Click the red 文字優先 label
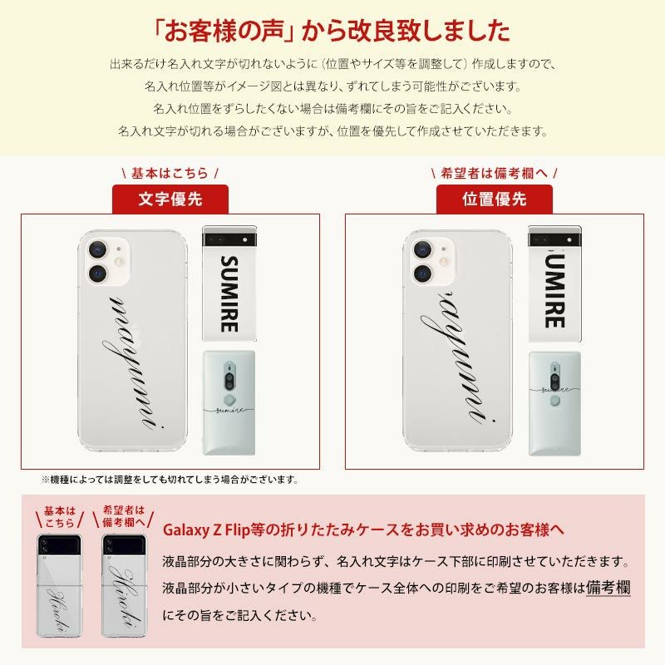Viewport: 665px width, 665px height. (x=170, y=199)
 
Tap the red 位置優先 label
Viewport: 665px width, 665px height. (x=495, y=199)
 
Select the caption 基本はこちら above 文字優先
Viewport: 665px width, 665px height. (x=170, y=174)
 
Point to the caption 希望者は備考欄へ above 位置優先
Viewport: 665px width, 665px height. (x=495, y=174)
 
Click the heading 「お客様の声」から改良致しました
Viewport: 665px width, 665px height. (x=332, y=31)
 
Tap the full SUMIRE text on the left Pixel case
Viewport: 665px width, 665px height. (x=228, y=293)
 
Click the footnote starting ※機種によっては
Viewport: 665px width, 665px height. (x=170, y=480)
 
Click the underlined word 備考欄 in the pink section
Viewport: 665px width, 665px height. (x=608, y=588)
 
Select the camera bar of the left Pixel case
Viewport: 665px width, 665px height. (x=228, y=236)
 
